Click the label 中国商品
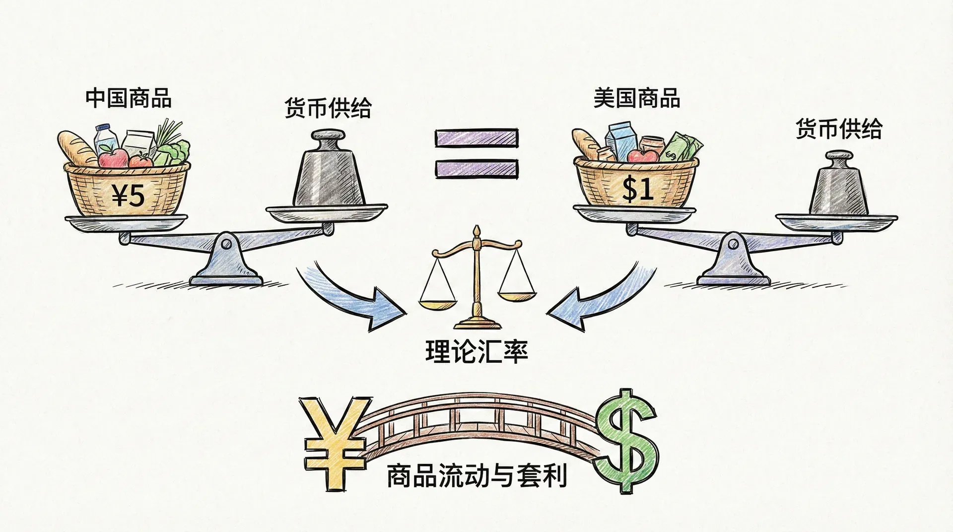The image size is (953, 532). click(128, 98)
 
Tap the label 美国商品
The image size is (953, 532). click(636, 98)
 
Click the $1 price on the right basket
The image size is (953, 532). click(637, 190)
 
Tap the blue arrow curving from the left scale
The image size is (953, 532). click(352, 298)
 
